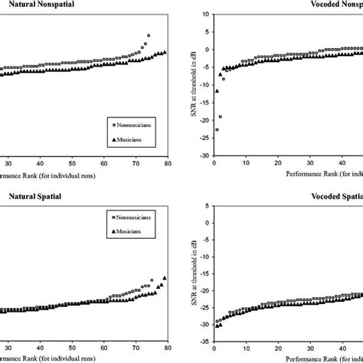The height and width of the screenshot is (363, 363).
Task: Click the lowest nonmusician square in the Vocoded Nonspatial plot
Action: [x=217, y=130]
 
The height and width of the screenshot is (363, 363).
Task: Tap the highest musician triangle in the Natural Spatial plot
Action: [x=165, y=278]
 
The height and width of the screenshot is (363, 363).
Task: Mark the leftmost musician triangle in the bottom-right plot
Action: [x=217, y=325]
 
